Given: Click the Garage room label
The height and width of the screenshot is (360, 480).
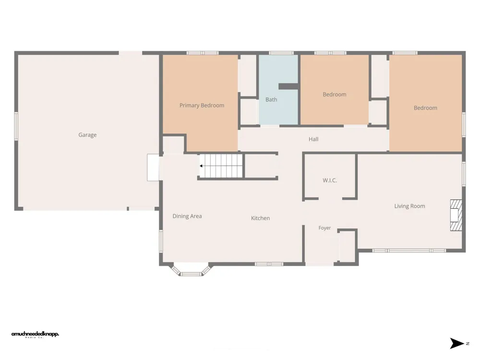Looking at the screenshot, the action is pyautogui.click(x=87, y=135).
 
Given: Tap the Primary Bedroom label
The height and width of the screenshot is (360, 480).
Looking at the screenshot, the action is pyautogui.click(x=202, y=105).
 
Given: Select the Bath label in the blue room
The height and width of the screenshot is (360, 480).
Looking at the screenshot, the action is pyautogui.click(x=271, y=99).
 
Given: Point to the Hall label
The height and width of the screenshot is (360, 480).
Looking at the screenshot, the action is pyautogui.click(x=313, y=139).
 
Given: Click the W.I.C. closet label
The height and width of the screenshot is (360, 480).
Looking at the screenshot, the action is pyautogui.click(x=330, y=180).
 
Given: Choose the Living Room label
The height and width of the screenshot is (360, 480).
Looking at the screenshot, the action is pyautogui.click(x=409, y=206).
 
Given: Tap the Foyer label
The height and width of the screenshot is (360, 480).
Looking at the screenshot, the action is pyautogui.click(x=324, y=228).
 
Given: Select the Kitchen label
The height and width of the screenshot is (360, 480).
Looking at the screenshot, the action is pyautogui.click(x=261, y=218).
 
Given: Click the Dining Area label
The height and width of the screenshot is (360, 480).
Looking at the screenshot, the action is pyautogui.click(x=187, y=216).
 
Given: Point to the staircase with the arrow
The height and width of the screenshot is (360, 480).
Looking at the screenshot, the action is pyautogui.click(x=221, y=166).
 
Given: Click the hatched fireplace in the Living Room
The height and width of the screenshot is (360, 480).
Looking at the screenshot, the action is pyautogui.click(x=456, y=215).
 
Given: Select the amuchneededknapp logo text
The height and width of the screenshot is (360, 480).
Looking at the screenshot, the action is pyautogui.click(x=35, y=334).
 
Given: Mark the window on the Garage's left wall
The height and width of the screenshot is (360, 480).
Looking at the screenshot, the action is pyautogui.click(x=16, y=126).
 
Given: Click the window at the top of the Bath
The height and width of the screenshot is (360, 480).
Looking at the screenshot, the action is pyautogui.click(x=281, y=53).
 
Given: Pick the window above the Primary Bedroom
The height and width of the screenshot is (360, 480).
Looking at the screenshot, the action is pyautogui.click(x=203, y=53).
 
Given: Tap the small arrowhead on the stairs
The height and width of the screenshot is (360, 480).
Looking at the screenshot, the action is pyautogui.click(x=201, y=166).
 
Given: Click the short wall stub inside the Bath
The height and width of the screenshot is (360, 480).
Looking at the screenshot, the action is pyautogui.click(x=288, y=86).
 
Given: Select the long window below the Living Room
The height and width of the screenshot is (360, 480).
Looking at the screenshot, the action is pyautogui.click(x=409, y=251).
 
